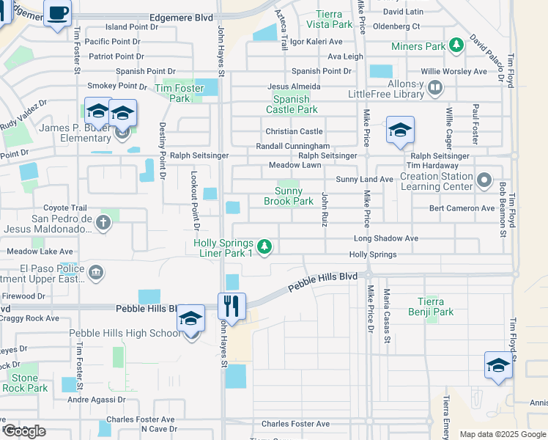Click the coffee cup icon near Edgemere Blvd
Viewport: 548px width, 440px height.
coord(57,12)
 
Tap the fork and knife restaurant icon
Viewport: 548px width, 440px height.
coord(232,305)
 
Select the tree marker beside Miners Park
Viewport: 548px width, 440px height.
coord(457,46)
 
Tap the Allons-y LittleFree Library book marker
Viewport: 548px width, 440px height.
coord(435,88)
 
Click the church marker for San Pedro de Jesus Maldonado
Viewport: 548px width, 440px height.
coord(103,224)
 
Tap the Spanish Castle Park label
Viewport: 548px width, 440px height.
coord(295,104)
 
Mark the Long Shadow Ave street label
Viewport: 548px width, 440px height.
coord(385,238)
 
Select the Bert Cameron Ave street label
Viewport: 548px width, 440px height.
coord(462,208)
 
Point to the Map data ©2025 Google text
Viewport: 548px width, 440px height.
coord(503,434)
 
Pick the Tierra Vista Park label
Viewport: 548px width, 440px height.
coord(333,19)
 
